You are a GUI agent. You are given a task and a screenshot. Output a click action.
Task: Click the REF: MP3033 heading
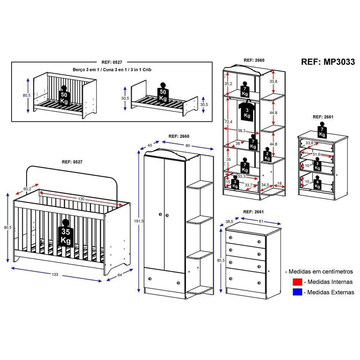(x=328, y=62)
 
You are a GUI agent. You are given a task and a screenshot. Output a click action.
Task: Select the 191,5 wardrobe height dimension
(x=139, y=221)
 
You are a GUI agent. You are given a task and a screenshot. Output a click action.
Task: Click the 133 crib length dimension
(x=55, y=274)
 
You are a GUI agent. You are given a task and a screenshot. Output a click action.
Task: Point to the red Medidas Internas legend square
(x=297, y=282)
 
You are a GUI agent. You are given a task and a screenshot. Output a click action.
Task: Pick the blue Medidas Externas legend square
(x=297, y=292)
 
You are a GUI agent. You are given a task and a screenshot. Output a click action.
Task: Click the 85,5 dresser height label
(x=221, y=261)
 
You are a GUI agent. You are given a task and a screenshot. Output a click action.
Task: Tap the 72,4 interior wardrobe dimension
(x=229, y=122)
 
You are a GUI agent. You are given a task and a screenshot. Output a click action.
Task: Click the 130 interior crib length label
(x=81, y=199)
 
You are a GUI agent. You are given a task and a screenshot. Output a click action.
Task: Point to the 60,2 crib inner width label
(x=27, y=189)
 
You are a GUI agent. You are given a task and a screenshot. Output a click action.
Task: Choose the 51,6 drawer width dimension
(x=316, y=154)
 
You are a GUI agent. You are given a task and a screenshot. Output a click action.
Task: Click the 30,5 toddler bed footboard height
(x=204, y=105)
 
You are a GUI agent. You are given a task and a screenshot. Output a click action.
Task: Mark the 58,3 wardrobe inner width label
(x=242, y=131)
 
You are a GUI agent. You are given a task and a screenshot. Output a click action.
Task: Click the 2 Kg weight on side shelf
(x=267, y=154)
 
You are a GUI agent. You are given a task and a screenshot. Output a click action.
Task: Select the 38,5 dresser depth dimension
(x=229, y=221)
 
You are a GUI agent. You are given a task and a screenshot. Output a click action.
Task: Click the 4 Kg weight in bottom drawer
(x=317, y=183)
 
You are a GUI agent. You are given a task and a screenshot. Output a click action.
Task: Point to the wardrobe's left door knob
(x=160, y=215)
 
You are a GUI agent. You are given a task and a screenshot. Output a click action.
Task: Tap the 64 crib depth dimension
(x=120, y=275)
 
